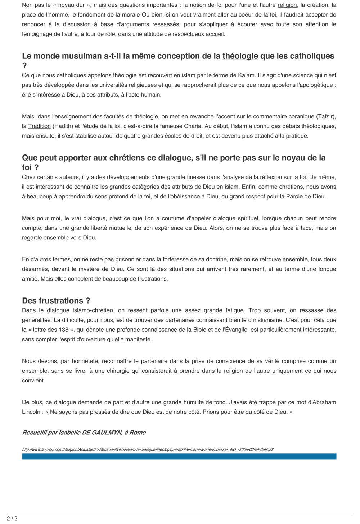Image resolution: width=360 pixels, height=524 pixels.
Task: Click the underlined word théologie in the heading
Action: tap(240, 56)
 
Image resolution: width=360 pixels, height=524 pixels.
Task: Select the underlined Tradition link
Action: tap(39, 126)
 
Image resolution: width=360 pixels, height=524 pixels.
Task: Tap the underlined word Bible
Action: tap(199, 330)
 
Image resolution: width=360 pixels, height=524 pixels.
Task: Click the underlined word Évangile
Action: tap(236, 330)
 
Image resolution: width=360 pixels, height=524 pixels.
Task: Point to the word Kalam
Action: tap(247, 76)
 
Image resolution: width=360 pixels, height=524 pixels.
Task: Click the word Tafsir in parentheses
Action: tap(325, 117)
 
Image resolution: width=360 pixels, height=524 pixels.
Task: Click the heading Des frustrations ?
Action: tap(56, 301)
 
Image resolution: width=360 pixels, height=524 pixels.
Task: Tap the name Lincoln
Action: tap(31, 412)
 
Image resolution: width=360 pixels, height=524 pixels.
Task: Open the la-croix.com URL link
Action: tap(148, 449)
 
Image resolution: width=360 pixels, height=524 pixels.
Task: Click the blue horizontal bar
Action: tap(179, 456)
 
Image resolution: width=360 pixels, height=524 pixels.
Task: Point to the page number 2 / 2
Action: tap(12, 519)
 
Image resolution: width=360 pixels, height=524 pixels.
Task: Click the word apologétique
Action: tap(313, 85)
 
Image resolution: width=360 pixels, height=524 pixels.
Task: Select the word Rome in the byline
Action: tap(138, 433)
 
